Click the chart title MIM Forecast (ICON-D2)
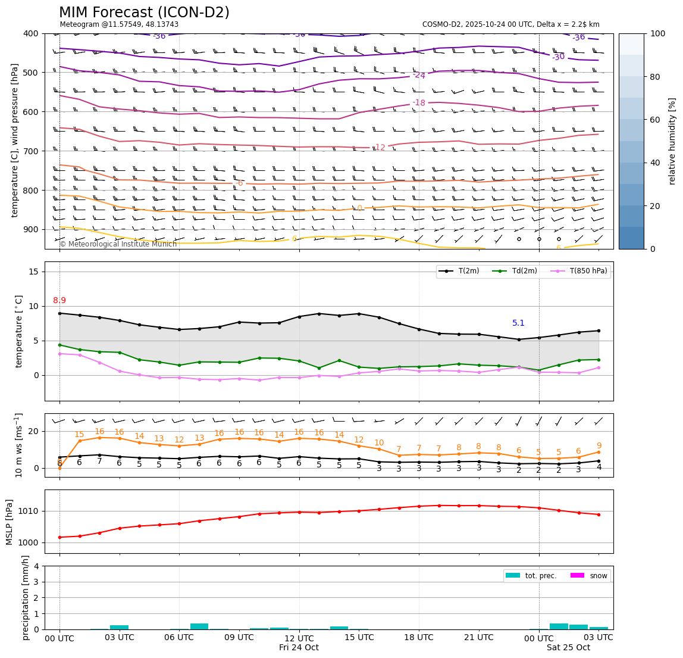[144, 13]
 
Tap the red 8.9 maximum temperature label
[59, 301]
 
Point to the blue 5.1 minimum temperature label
[519, 323]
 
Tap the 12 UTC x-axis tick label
[299, 638]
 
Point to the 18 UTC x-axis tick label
[419, 638]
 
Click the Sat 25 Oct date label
[568, 648]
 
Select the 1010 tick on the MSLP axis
[30, 511]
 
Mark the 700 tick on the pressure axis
[32, 151]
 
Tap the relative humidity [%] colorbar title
[672, 141]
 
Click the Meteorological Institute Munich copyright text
[118, 244]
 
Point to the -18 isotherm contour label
[419, 103]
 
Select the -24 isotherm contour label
[419, 76]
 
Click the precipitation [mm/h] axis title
[26, 597]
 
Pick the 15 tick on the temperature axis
[34, 272]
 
